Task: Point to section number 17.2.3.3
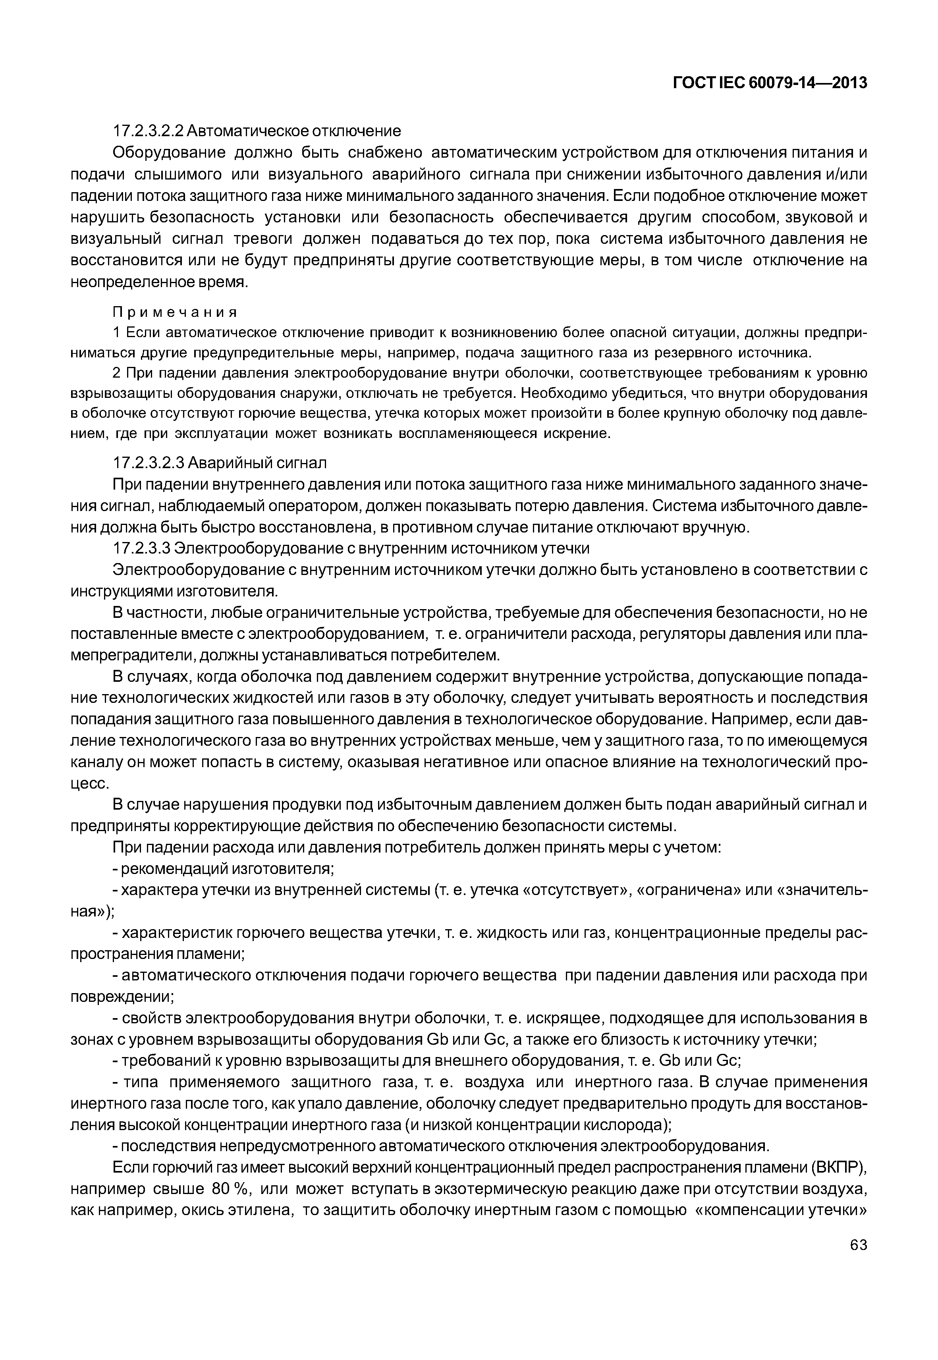tap(142, 548)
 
